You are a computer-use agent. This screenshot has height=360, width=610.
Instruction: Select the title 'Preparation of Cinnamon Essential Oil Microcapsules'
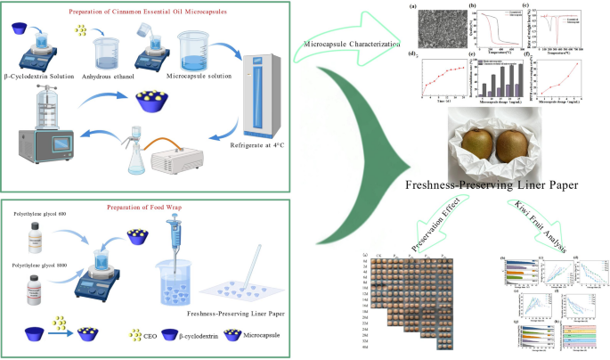[156, 12]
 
